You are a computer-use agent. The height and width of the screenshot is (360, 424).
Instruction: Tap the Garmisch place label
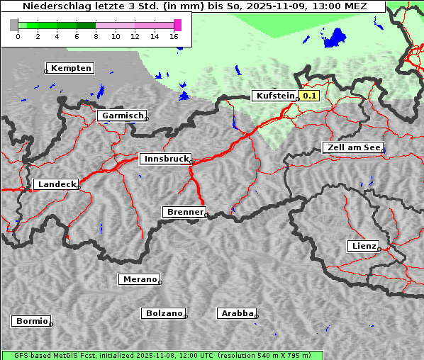click(x=123, y=116)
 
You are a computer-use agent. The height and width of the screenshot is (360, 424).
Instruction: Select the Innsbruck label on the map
click(x=165, y=159)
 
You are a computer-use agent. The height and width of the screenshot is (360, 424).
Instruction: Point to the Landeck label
click(x=57, y=184)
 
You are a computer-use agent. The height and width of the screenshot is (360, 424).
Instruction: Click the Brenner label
click(x=184, y=212)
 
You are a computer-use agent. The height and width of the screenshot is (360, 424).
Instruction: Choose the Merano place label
click(x=139, y=279)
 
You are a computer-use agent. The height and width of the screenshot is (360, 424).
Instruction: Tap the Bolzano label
click(x=164, y=313)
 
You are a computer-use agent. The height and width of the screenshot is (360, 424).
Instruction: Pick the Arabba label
click(x=237, y=313)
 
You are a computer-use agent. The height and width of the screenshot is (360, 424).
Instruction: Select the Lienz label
click(x=363, y=246)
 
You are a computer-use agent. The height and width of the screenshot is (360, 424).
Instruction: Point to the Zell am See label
click(x=352, y=147)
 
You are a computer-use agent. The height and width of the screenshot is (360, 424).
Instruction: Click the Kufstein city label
click(x=274, y=96)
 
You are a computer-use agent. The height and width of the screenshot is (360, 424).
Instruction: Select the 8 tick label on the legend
click(x=96, y=36)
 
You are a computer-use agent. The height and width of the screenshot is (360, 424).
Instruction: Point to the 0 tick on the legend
click(x=18, y=36)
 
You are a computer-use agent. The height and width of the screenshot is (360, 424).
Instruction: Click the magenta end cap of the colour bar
click(x=178, y=25)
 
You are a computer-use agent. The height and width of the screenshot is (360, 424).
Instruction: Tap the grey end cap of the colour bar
click(x=14, y=25)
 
